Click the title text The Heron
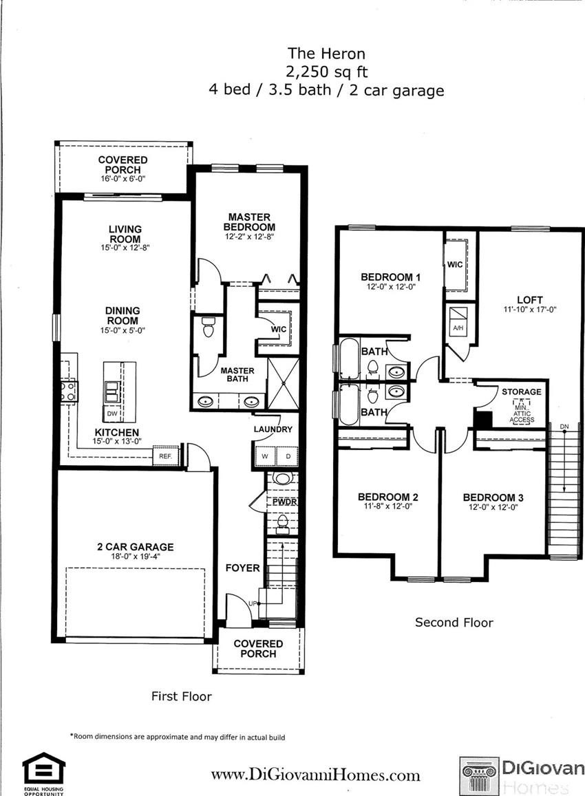pos(326,53)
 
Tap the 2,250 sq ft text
pos(326,72)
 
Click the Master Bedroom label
pos(249,222)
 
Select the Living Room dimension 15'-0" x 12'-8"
pos(125,248)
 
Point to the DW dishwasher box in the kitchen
pos(112,413)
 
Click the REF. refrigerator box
pos(166,456)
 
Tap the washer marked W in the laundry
pos(264,456)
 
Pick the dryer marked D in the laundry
pos(288,456)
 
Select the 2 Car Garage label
pos(135,547)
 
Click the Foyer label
pos(243,568)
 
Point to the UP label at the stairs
pos(253,603)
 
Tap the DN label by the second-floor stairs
pos(564,427)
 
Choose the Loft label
pos(530,299)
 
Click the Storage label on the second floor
pos(522,391)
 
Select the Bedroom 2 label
pos(388,497)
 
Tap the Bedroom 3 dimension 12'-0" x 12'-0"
pos(493,506)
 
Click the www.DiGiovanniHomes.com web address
pos(315,775)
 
